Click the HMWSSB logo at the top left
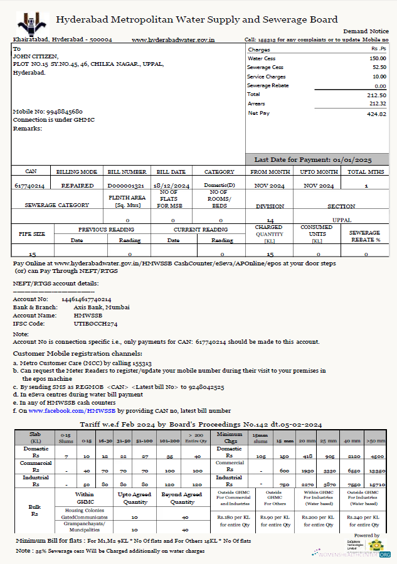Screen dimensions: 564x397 [33, 23]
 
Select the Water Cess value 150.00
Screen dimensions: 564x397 [378, 58]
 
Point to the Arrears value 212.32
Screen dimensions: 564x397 [378, 104]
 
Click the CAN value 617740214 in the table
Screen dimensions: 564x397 [30, 186]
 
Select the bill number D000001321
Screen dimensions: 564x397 [126, 186]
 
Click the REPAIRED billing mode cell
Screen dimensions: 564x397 [77, 186]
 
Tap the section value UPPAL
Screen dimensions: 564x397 [342, 220]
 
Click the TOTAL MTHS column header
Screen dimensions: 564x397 [366, 171]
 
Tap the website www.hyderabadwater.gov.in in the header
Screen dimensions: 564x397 [173, 40]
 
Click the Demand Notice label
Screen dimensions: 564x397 [366, 31]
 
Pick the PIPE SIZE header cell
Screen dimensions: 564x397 [31, 234]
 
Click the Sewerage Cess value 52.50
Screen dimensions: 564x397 [379, 67]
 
